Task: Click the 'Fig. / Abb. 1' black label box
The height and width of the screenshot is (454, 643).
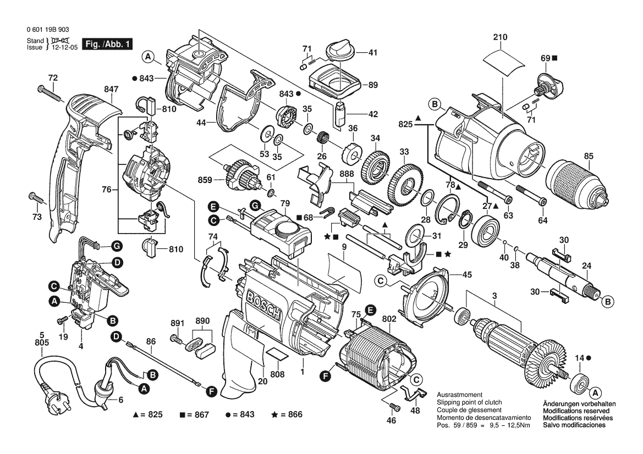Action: click(107, 44)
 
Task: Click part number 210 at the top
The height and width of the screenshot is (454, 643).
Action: click(501, 37)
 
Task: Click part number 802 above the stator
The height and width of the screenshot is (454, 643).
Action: click(388, 318)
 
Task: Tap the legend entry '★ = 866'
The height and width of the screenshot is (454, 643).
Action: click(287, 414)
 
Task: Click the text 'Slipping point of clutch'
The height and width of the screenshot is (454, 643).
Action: click(469, 402)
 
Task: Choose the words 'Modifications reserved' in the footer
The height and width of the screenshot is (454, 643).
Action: click(576, 411)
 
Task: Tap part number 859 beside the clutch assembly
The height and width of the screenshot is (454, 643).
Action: click(205, 180)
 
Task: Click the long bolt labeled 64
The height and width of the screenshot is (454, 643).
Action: click(530, 196)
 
